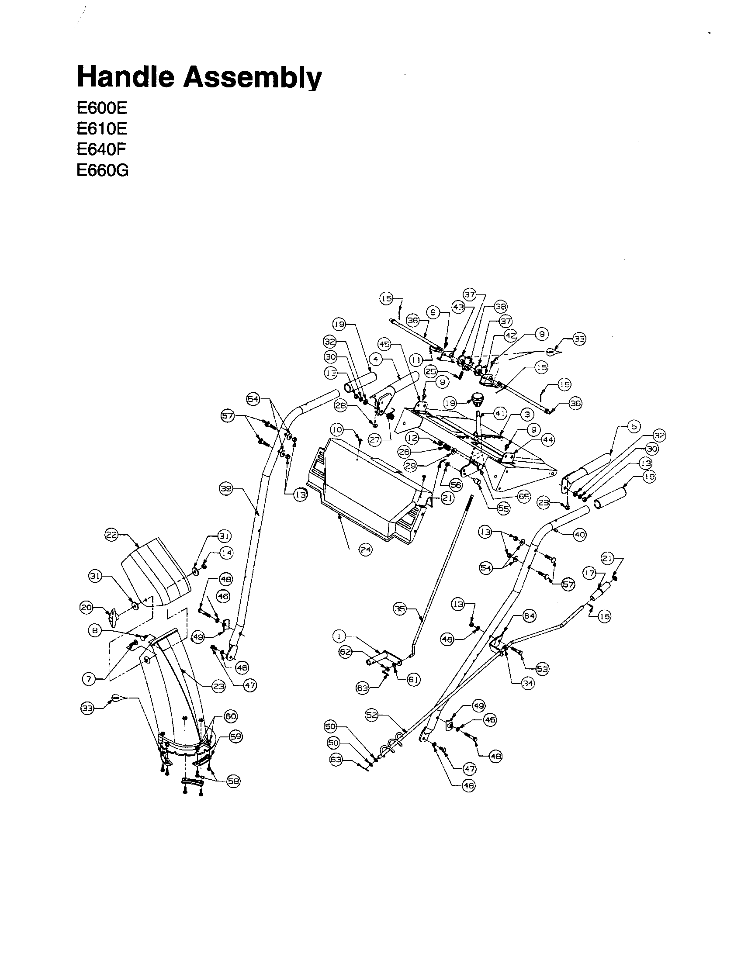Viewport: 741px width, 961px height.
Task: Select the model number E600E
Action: (x=102, y=108)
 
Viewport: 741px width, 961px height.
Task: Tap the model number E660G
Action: (x=103, y=170)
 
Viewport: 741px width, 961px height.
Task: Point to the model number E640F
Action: (x=101, y=149)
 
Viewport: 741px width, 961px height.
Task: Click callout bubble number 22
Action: (x=111, y=535)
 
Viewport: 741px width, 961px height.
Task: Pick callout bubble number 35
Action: (x=399, y=609)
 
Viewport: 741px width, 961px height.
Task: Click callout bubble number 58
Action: (x=233, y=781)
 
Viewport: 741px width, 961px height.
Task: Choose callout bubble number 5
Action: (x=633, y=426)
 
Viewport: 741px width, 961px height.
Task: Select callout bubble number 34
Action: (x=527, y=683)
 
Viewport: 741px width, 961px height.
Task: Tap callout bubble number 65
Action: (x=523, y=496)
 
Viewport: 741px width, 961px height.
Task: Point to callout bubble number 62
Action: (x=346, y=652)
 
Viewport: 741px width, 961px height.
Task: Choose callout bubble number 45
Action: (x=384, y=344)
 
